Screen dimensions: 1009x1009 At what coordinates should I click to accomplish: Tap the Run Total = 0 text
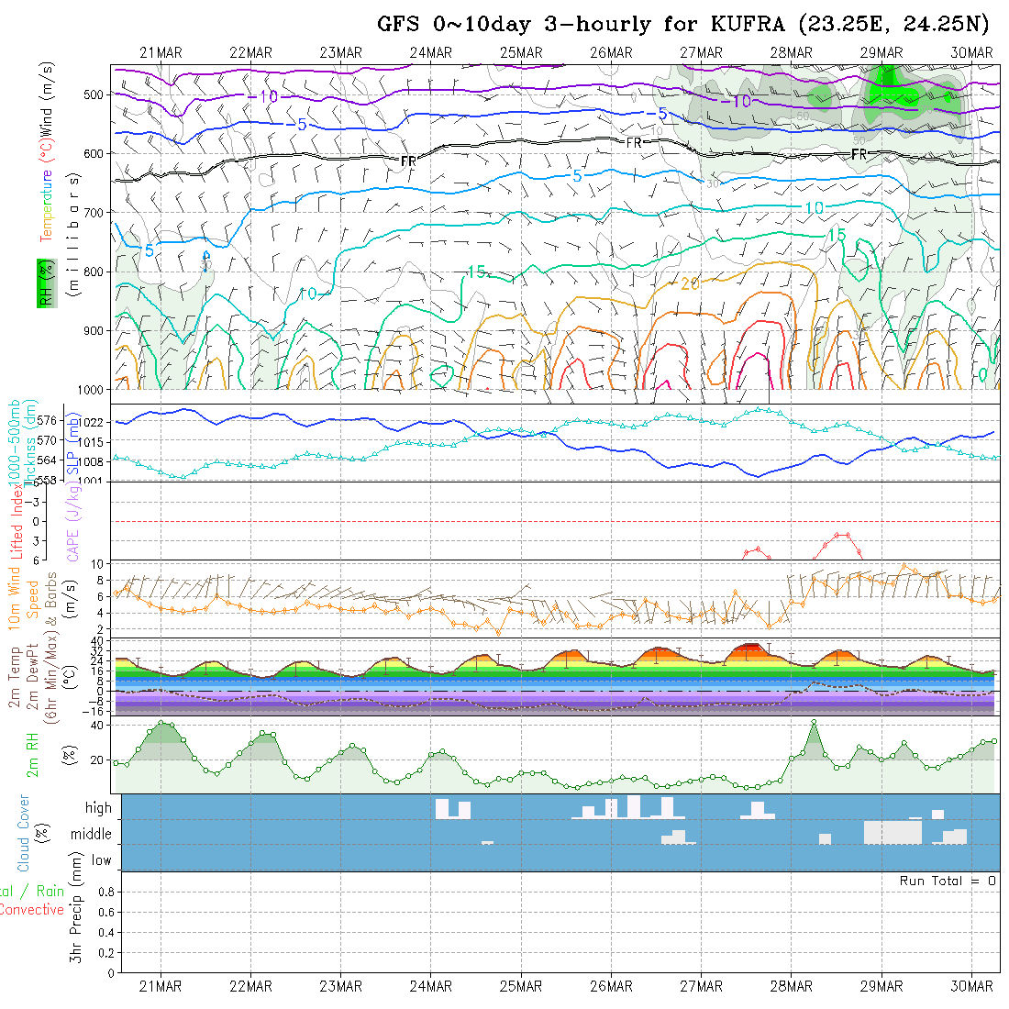coord(948,881)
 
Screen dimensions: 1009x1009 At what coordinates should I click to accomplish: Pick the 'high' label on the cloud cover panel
coord(98,808)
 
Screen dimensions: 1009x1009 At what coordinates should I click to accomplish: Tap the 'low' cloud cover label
coord(101,860)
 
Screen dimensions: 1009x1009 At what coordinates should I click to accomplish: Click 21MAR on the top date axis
coord(161,53)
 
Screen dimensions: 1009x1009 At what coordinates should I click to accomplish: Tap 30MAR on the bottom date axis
coord(972,987)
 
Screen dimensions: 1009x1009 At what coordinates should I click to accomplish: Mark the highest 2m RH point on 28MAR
coord(814,724)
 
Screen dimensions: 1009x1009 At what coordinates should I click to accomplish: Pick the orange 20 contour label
coord(690,284)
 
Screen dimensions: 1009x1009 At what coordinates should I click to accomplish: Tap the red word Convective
coord(31,910)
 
